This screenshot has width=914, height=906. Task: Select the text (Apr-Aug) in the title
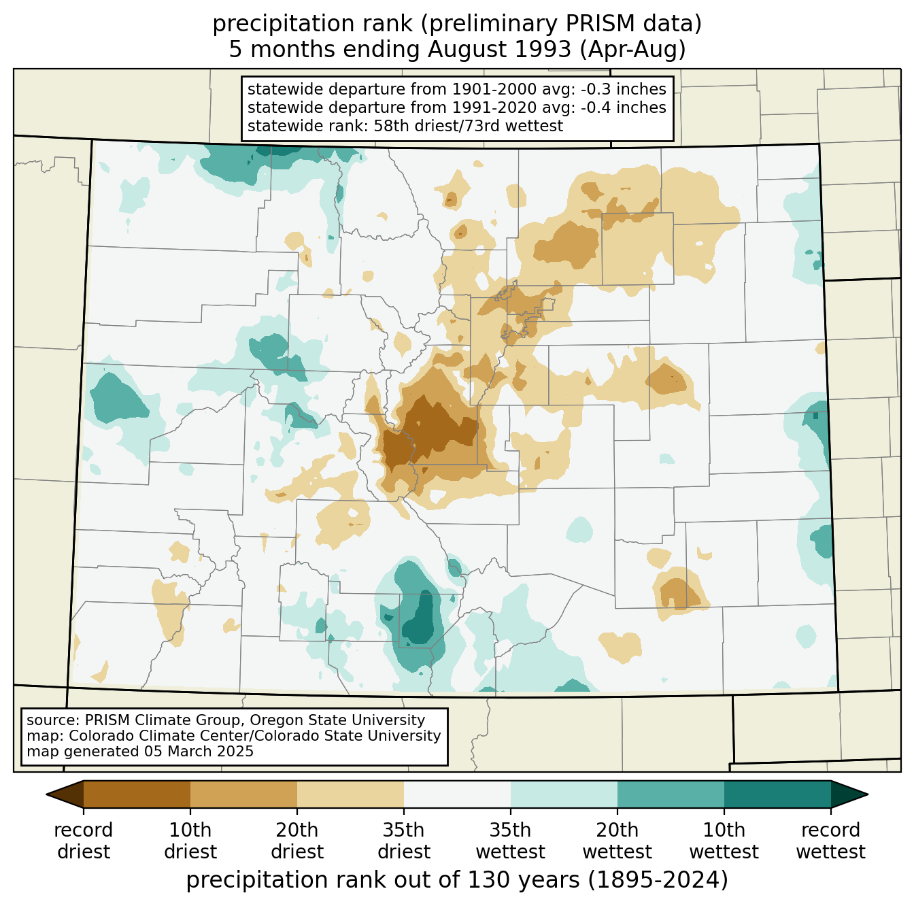tap(632, 50)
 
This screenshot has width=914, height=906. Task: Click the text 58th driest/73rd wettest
tap(468, 126)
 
